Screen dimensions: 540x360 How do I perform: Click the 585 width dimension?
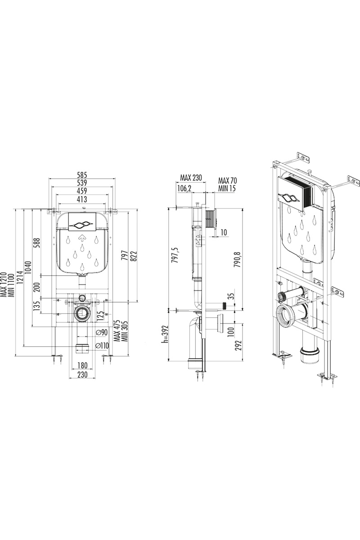pos(81,175)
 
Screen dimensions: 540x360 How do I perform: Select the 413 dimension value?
pos(81,199)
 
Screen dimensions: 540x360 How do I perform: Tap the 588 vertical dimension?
pos(37,243)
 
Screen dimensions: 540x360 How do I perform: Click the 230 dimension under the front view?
pos(81,375)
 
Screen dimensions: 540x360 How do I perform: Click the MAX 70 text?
pos(227,180)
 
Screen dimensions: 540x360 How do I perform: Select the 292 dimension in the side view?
pos(238,345)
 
